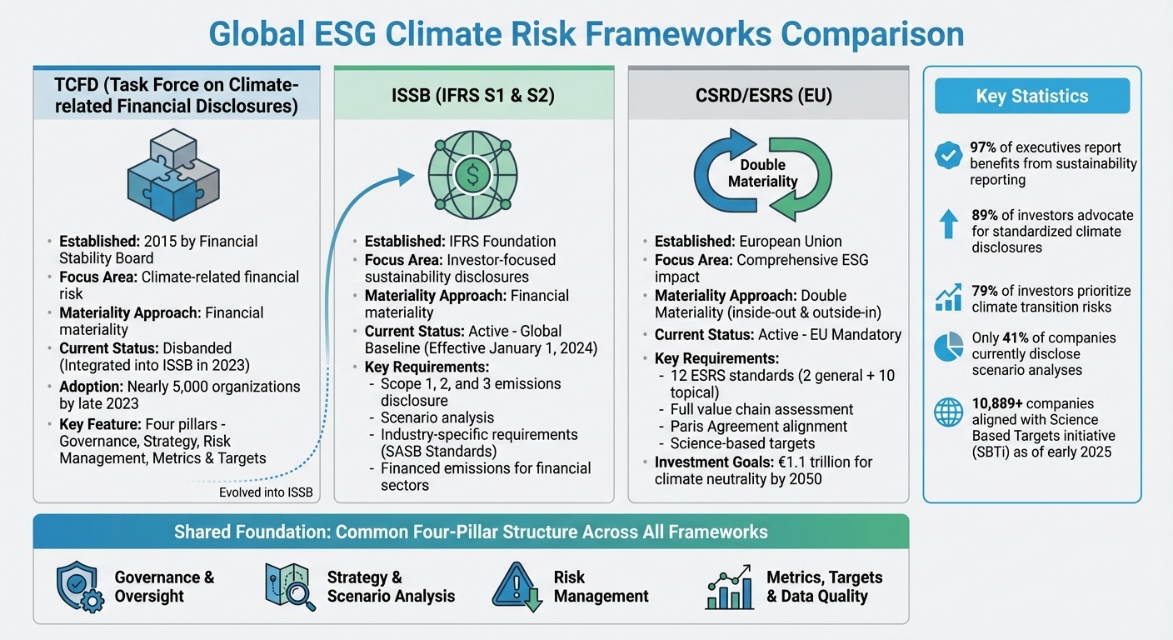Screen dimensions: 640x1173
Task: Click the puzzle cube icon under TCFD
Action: coord(172,172)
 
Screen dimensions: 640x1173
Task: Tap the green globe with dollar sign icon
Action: coord(472,174)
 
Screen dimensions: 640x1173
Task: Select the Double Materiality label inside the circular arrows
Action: coord(762,173)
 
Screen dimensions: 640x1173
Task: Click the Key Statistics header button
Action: coord(1031,96)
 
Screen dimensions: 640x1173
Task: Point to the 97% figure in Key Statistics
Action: coord(986,147)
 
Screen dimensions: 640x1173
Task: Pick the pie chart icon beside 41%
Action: coord(948,347)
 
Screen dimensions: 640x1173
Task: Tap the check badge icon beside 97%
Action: coord(948,155)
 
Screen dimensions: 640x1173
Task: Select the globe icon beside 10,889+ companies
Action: coord(948,412)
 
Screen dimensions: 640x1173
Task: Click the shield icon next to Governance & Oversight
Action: coord(78,587)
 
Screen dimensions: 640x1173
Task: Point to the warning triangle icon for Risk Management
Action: coord(516,587)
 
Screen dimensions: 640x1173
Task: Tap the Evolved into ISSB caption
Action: coord(266,492)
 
